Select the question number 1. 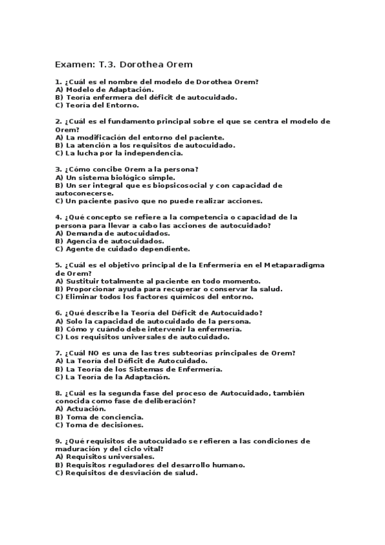pos(58,82)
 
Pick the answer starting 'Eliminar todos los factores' pos(154,296)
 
